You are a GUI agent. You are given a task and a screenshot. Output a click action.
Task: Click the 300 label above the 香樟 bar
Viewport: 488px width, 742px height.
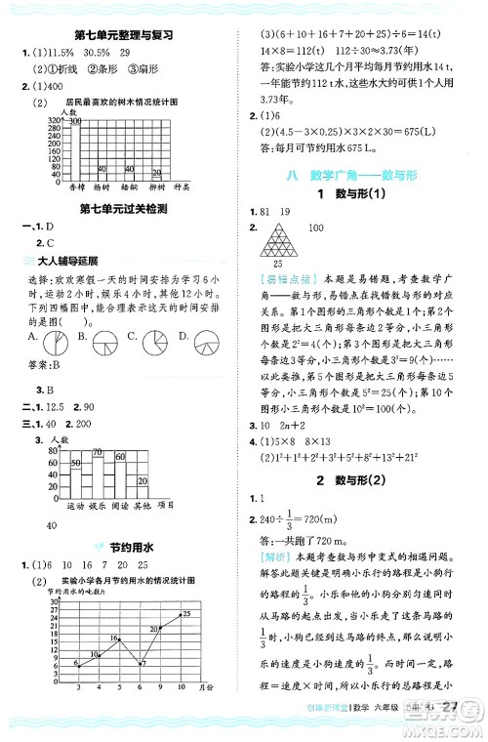pos(75,120)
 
